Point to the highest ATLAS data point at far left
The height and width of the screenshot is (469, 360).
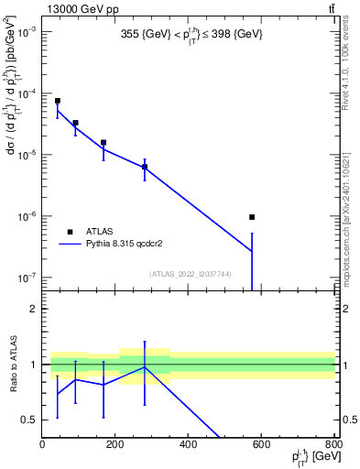tap(57, 101)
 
